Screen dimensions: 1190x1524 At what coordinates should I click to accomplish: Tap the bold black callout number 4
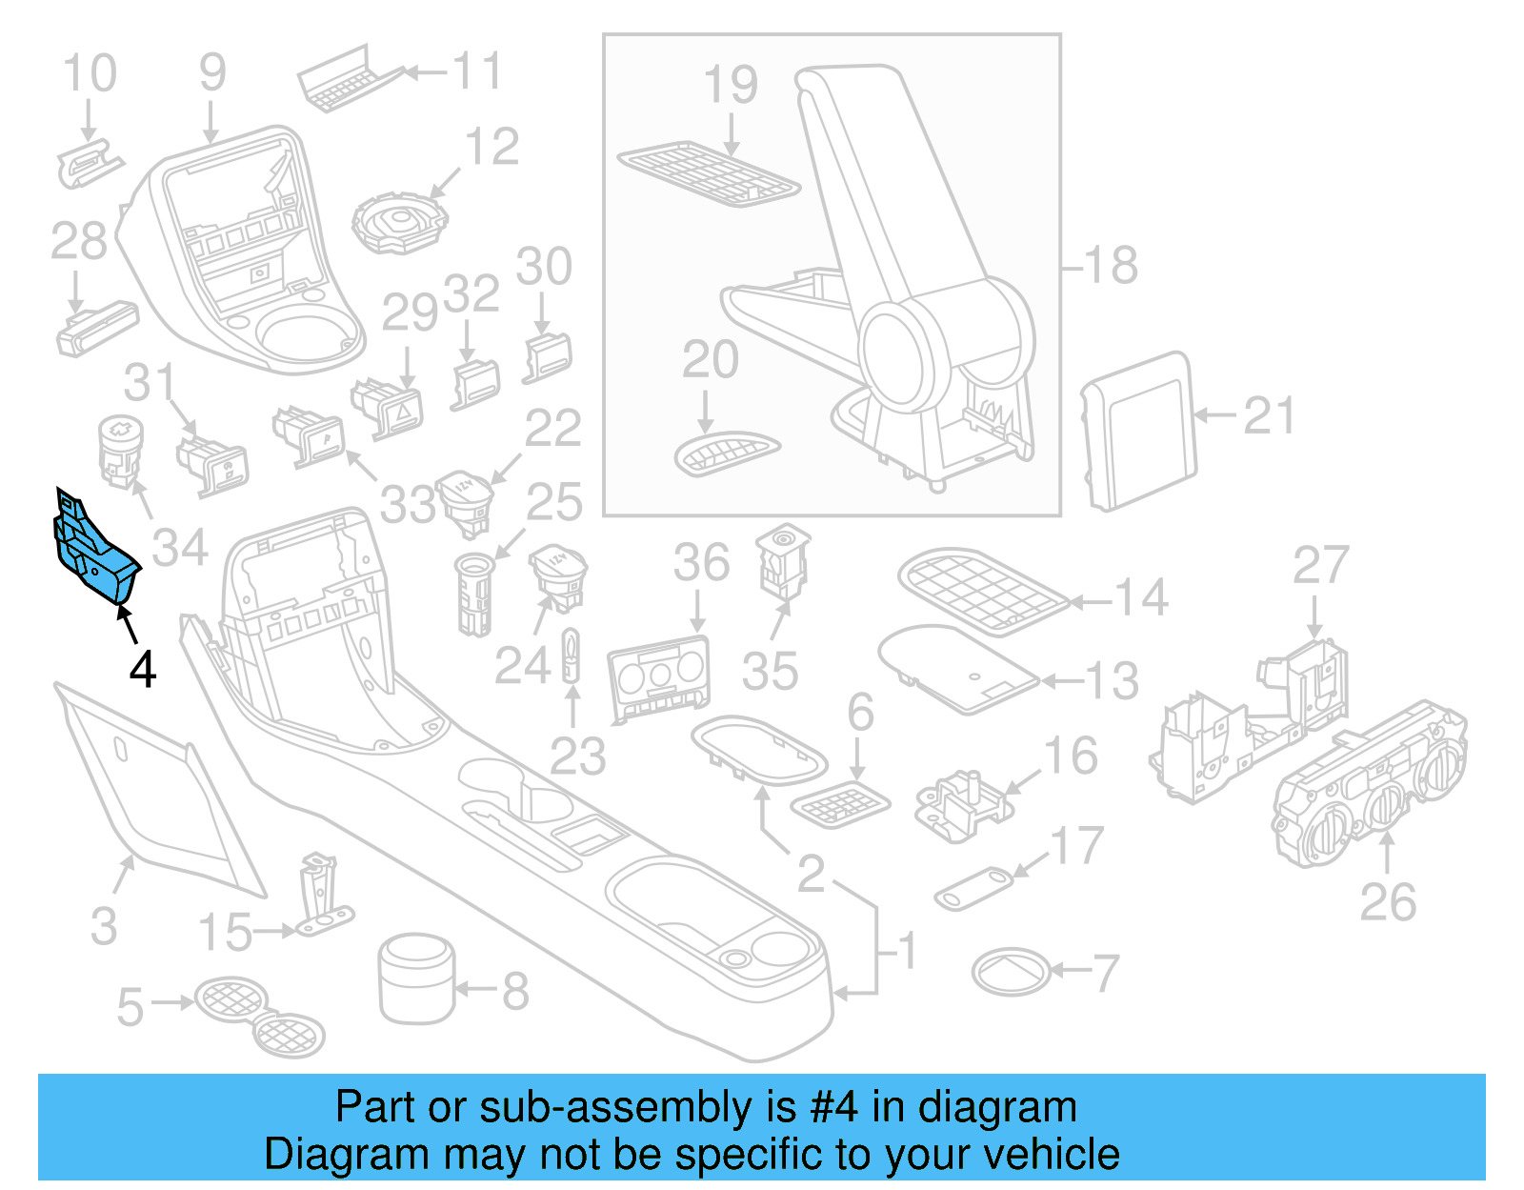[142, 670]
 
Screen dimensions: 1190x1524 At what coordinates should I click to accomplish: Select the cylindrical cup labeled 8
[416, 978]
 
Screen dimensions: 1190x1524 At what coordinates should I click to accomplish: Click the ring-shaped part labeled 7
[1011, 972]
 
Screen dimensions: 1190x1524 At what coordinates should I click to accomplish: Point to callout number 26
[1387, 901]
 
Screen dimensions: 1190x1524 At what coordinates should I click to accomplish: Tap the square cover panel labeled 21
[1140, 431]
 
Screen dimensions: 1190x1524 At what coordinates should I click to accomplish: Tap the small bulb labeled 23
[571, 656]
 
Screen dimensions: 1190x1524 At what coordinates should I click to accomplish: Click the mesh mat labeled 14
[982, 590]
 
